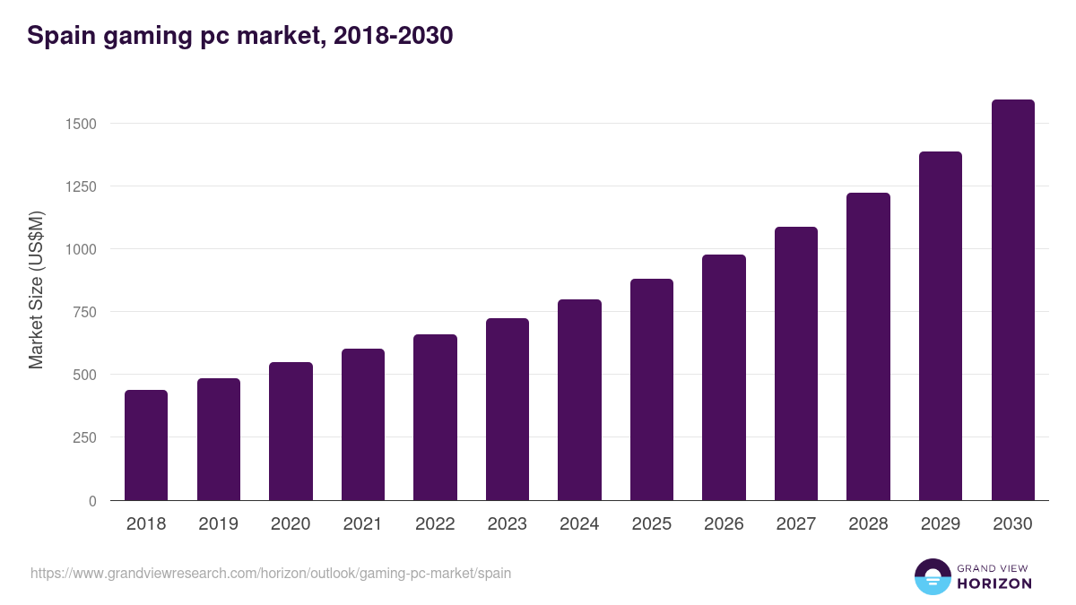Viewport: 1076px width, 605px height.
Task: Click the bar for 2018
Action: (146, 445)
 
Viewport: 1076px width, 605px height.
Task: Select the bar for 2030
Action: (1012, 300)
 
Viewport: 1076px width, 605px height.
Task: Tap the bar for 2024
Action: (579, 400)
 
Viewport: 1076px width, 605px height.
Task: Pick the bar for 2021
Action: (363, 425)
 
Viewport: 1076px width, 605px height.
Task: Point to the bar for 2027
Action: (796, 364)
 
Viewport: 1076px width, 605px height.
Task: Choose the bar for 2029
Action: (941, 326)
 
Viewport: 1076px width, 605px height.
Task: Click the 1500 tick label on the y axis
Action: (81, 124)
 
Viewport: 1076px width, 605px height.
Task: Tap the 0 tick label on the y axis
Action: (91, 501)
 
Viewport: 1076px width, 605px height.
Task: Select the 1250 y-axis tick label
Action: (81, 186)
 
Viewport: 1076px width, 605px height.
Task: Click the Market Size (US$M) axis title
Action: (36, 290)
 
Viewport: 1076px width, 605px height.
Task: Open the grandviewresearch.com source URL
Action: (271, 573)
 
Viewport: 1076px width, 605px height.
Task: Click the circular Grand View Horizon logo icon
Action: (932, 576)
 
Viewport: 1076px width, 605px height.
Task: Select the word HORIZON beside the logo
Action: (994, 583)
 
